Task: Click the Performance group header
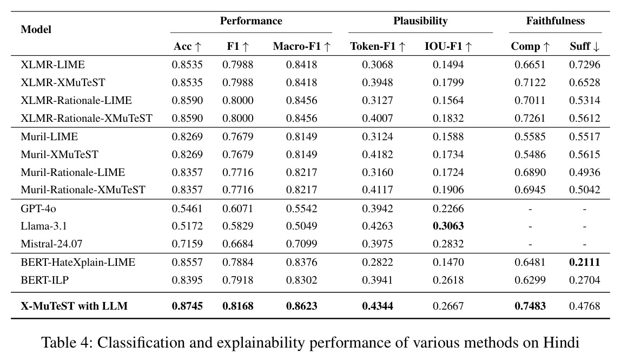pyautogui.click(x=251, y=21)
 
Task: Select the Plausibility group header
pyautogui.click(x=420, y=21)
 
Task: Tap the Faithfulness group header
pyautogui.click(x=555, y=21)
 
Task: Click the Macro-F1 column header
pyautogui.click(x=302, y=47)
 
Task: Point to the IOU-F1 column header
pyautogui.click(x=448, y=47)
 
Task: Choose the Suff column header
pyautogui.click(x=585, y=47)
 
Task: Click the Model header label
pyautogui.click(x=36, y=30)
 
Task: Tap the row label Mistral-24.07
pyautogui.click(x=51, y=244)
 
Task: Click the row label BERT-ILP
pyautogui.click(x=45, y=280)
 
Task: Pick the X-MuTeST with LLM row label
pyautogui.click(x=74, y=306)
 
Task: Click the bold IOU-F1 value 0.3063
pyautogui.click(x=448, y=226)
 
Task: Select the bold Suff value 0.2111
pyautogui.click(x=585, y=262)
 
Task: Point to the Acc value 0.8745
pyautogui.click(x=187, y=306)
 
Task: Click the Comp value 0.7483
pyautogui.click(x=530, y=306)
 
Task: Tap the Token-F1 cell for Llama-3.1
pyautogui.click(x=378, y=226)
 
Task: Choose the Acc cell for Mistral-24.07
pyautogui.click(x=187, y=244)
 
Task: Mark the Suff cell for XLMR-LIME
pyautogui.click(x=585, y=64)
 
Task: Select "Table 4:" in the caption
pyautogui.click(x=67, y=342)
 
